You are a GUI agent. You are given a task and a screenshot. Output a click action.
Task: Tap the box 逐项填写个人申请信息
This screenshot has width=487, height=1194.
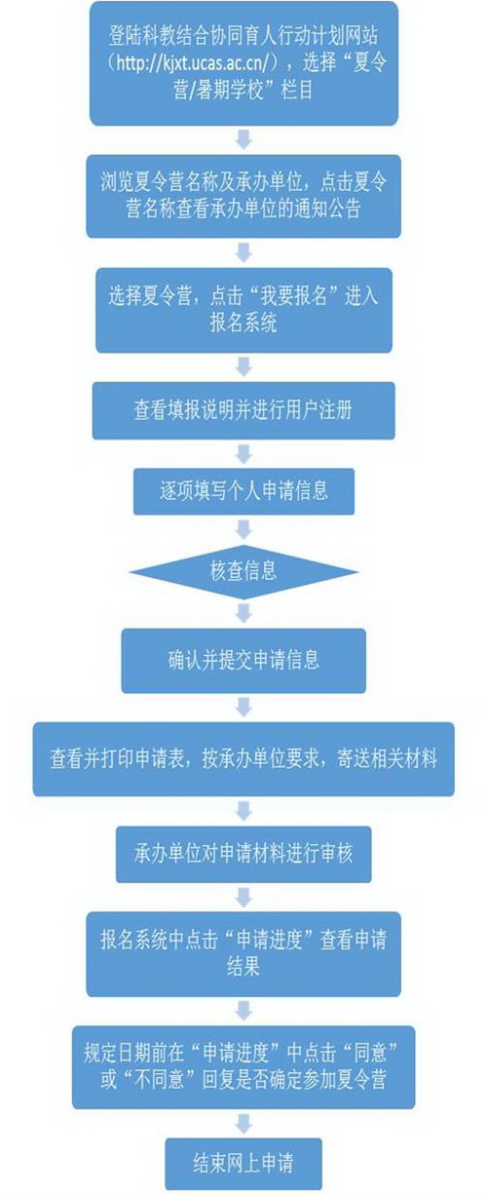click(243, 491)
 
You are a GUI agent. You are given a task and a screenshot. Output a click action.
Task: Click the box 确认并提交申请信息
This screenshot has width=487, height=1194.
click(243, 661)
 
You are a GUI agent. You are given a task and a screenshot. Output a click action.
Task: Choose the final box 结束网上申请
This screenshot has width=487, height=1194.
click(243, 1163)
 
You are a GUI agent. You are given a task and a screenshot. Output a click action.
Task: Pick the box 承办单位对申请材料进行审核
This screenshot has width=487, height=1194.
click(243, 854)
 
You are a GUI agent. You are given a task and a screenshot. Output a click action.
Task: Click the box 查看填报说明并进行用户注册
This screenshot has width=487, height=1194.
click(243, 410)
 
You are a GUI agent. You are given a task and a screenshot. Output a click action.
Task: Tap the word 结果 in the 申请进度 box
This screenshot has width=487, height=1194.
click(243, 965)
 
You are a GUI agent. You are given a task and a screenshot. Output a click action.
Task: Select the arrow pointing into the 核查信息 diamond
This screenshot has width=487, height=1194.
click(243, 530)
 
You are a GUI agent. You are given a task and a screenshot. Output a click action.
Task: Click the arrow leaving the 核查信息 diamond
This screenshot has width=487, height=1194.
click(243, 614)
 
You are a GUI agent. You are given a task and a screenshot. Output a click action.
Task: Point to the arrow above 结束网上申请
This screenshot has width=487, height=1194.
click(243, 1124)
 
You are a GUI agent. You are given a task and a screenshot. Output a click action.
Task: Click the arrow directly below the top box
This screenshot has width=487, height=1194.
click(243, 139)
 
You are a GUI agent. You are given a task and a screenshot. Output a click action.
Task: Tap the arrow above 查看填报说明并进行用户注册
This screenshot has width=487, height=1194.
click(243, 366)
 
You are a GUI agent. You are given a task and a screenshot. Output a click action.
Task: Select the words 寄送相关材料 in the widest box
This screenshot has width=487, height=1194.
click(387, 758)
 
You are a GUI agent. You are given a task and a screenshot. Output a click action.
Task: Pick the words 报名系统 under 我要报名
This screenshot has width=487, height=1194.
click(243, 323)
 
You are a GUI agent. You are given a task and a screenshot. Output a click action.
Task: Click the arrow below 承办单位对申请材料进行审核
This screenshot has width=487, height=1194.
click(243, 897)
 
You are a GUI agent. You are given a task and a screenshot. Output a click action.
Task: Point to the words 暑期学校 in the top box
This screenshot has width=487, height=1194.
click(231, 91)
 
